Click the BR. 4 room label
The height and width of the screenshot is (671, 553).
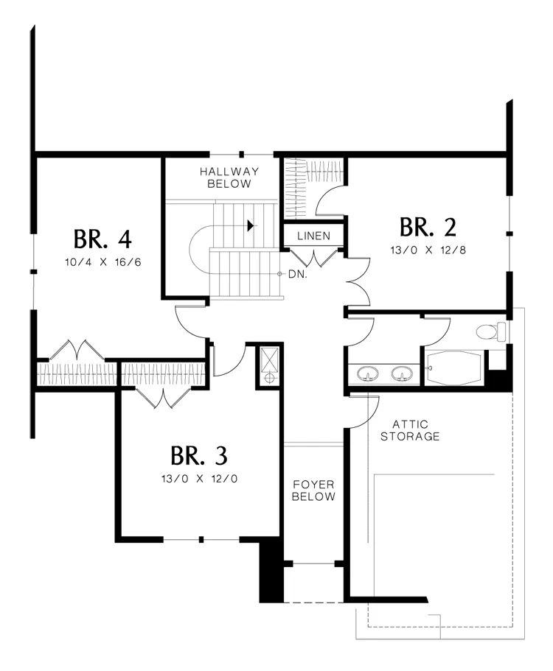click(102, 239)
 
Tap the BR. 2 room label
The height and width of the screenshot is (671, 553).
click(428, 227)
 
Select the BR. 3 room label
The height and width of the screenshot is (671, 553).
click(199, 456)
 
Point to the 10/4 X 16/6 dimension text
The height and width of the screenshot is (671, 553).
click(102, 262)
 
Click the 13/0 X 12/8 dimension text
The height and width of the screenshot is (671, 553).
click(428, 250)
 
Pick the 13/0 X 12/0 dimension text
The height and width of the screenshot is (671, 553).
click(199, 479)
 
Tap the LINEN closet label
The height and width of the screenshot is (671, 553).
click(314, 236)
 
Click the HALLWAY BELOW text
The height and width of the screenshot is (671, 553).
click(229, 178)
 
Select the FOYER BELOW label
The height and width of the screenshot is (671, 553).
click(313, 491)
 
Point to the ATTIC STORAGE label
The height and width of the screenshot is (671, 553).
click(410, 430)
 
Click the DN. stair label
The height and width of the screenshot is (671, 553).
click(298, 274)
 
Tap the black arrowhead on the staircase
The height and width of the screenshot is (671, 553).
click(251, 225)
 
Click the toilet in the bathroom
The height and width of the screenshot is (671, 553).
click(491, 331)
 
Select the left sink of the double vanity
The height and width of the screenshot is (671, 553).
click(367, 373)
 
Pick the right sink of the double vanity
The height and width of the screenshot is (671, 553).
click(403, 373)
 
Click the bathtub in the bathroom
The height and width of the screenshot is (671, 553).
click(453, 368)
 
